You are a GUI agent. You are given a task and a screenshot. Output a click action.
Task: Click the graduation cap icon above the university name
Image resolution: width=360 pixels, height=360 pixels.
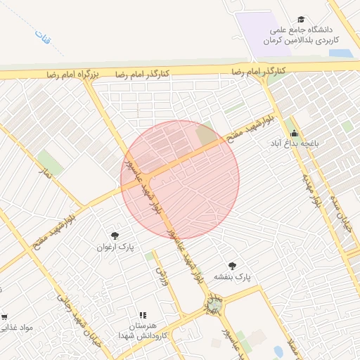[x=301, y=19]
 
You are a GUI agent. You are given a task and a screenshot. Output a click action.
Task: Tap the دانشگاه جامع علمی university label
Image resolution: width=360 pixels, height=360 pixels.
[x=302, y=34]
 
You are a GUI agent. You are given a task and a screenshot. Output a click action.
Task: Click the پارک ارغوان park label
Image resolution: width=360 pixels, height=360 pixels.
[x=116, y=247]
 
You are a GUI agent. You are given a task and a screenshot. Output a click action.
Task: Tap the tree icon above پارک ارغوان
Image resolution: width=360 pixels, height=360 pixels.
[x=115, y=235]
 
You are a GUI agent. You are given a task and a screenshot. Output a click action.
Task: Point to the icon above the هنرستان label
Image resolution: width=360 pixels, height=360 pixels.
[x=143, y=315]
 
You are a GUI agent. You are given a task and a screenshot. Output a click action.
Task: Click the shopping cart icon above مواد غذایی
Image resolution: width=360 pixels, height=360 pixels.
[x=4, y=317]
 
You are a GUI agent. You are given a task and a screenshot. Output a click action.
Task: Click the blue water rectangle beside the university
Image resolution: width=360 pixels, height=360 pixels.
[x=340, y=53]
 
